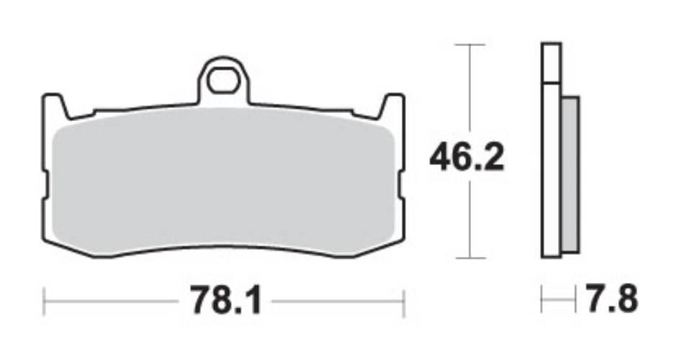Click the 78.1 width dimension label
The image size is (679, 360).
[x=227, y=300]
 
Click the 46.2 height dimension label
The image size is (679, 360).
[x=467, y=158]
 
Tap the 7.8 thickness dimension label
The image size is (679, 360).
[x=612, y=299]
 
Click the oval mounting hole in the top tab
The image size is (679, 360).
[x=223, y=81]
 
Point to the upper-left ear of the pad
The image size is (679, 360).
[x=55, y=105]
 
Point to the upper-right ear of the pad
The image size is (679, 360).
[x=392, y=105]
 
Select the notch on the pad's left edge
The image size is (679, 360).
[x=45, y=186]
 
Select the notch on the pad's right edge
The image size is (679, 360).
[x=402, y=186]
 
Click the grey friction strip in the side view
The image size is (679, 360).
[x=570, y=174]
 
